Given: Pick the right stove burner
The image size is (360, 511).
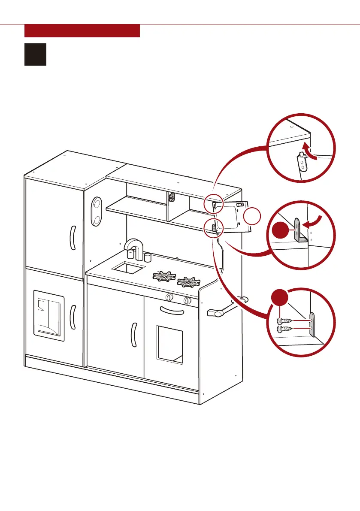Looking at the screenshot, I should (188, 282).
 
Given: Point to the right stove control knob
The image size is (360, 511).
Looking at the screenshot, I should (187, 300).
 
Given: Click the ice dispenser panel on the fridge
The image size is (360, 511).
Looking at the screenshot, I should (49, 314).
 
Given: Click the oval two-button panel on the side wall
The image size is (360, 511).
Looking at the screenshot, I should (97, 212).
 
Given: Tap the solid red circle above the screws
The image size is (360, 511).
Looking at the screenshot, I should (280, 299).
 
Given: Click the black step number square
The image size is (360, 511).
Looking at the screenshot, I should (35, 54).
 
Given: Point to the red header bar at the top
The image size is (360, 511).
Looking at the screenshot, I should (82, 31).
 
